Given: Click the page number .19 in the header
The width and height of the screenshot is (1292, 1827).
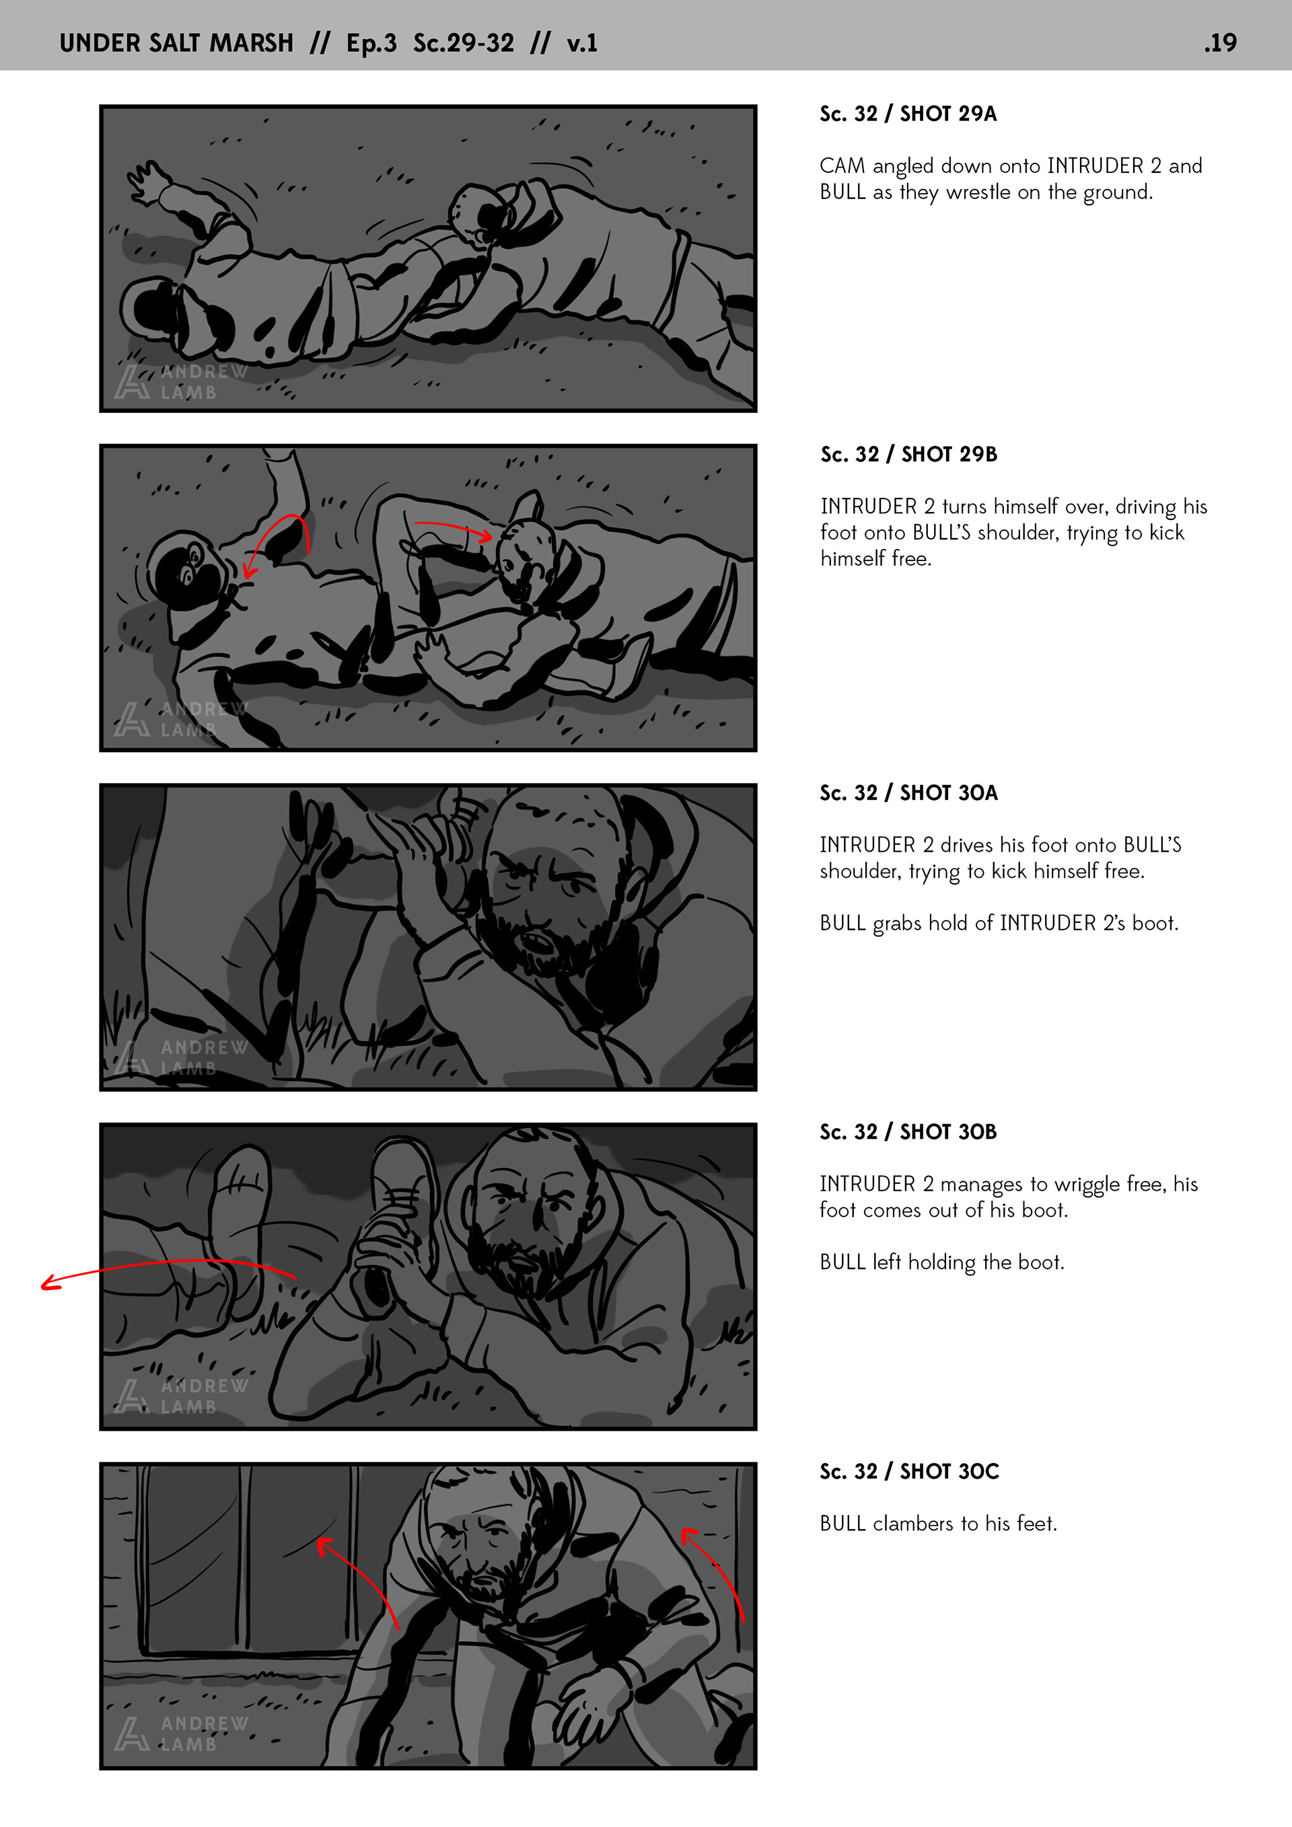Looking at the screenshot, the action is [1221, 42].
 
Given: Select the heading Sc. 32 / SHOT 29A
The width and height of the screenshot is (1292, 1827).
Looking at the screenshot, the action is [908, 114].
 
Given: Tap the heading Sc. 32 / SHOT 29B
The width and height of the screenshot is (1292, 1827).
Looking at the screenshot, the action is [908, 454].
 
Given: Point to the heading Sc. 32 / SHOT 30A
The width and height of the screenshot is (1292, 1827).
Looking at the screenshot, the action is [908, 792].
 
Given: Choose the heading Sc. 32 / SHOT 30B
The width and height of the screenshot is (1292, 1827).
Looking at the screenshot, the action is [908, 1131].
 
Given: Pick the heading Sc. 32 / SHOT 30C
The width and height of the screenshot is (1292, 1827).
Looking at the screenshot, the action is [909, 1471].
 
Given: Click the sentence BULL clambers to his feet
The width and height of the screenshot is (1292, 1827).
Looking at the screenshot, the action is [939, 1523].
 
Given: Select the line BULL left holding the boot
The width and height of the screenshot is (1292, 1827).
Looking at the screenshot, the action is [941, 1262].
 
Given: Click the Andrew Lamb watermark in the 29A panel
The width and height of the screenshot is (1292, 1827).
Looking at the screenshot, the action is [181, 381].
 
